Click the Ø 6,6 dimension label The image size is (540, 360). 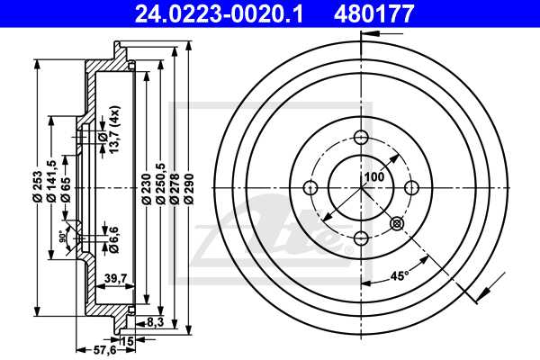114,236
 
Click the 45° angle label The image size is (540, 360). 398,275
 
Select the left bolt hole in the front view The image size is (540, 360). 311,187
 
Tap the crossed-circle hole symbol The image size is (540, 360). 395,223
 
